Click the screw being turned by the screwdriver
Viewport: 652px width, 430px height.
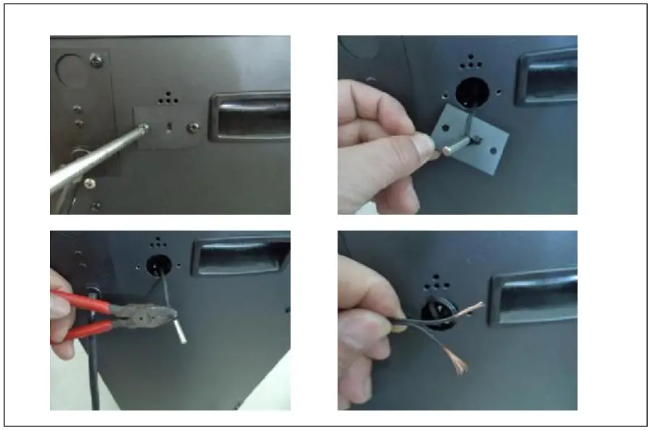[145, 126]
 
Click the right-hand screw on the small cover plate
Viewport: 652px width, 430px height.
[192, 127]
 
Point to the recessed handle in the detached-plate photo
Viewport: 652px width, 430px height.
[546, 76]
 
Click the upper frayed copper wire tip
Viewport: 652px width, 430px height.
[473, 307]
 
